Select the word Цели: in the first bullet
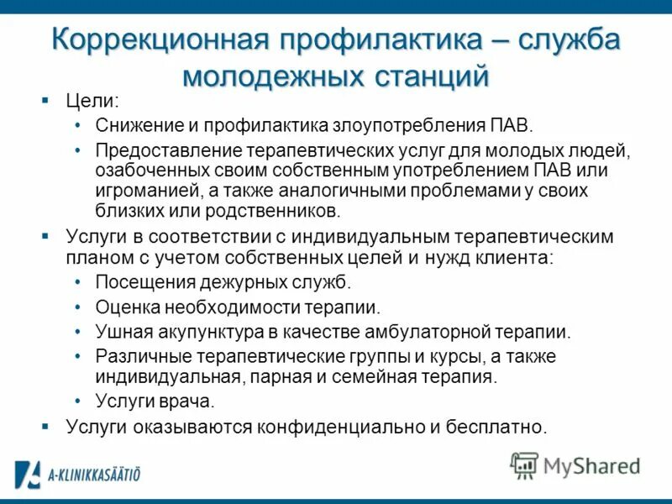pyautogui.click(x=92, y=102)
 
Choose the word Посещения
pyautogui.click(x=135, y=282)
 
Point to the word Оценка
pyautogui.click(x=123, y=307)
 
